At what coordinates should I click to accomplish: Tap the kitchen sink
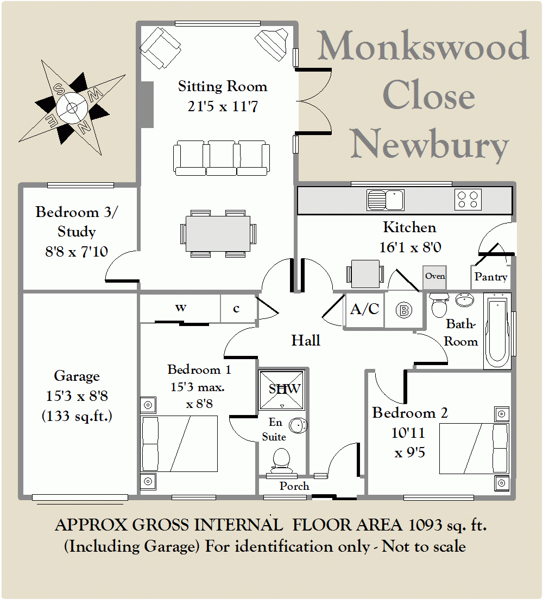(x=386, y=200)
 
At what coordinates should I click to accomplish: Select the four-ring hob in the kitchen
(x=468, y=199)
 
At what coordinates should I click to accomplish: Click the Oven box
(x=435, y=277)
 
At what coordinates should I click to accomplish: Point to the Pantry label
(x=491, y=277)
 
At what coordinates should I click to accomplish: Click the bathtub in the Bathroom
(x=497, y=331)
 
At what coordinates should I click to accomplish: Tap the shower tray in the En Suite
(x=281, y=390)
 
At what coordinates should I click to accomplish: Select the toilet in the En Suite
(x=281, y=460)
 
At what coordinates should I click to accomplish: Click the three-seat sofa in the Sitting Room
(x=221, y=158)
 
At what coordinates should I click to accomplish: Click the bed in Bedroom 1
(x=179, y=443)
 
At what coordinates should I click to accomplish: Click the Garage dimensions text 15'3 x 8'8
(x=77, y=396)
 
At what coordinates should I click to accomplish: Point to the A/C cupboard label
(x=364, y=309)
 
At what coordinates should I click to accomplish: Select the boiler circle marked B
(x=403, y=310)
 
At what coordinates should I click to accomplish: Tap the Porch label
(x=294, y=486)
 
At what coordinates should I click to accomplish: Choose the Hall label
(x=306, y=340)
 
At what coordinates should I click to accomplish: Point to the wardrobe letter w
(x=180, y=308)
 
